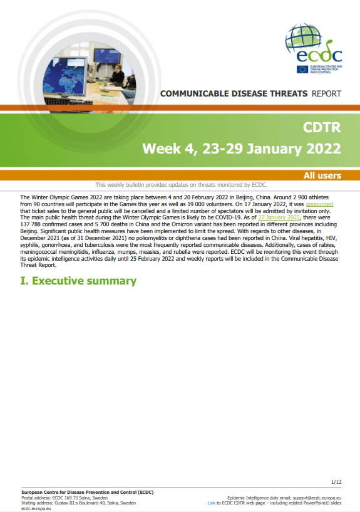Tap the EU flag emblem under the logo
302,69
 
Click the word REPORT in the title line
326,94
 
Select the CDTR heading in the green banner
322,127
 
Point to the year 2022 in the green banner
324,149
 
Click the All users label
322,175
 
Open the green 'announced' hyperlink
319,204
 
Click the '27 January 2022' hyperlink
279,217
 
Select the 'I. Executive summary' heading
78,281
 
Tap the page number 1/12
336,482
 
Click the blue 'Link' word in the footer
212,503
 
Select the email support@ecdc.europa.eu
317,498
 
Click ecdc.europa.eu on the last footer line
36,508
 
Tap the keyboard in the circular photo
68,102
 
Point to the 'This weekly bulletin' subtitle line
181,185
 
